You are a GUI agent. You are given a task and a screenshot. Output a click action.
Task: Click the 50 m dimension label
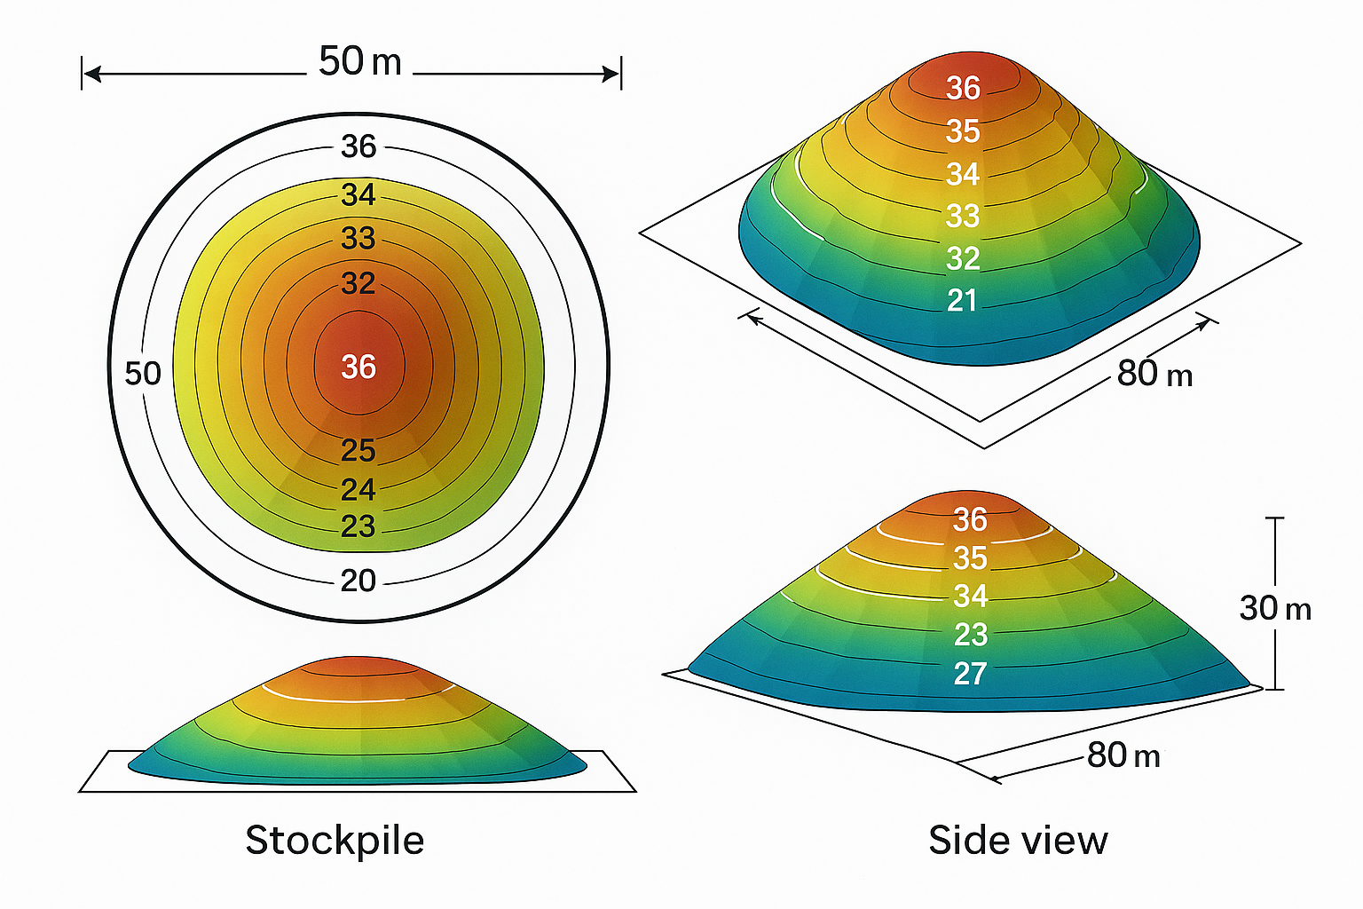359,62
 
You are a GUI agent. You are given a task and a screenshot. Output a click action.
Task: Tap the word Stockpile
335,840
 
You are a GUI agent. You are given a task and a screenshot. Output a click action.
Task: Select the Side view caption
1018,840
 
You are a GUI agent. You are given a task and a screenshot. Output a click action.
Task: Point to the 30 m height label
1274,608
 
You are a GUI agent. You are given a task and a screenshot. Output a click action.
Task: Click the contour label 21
962,301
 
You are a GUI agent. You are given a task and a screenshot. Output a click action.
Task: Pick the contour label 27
970,674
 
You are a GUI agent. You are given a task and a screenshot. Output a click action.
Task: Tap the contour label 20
358,581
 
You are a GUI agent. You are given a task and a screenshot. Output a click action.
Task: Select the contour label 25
358,451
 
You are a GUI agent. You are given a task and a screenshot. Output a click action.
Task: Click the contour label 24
358,489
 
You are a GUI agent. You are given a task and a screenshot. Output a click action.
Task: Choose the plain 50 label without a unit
143,374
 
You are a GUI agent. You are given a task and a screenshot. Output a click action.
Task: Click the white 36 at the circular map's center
358,367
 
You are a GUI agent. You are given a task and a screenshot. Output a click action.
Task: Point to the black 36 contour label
358,146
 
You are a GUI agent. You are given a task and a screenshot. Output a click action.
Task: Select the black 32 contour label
358,283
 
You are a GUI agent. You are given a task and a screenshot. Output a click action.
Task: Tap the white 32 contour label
963,258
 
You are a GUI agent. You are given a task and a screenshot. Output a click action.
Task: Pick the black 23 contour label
358,526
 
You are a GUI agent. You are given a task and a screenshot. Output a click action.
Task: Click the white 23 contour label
970,635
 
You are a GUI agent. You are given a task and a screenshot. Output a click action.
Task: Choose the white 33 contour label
963,216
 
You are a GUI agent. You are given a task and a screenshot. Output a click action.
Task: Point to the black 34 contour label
358,194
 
